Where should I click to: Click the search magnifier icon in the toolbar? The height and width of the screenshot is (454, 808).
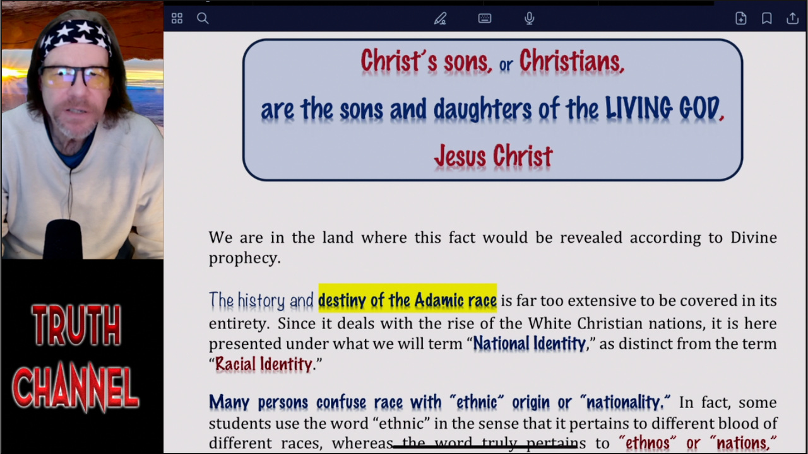pyautogui.click(x=203, y=18)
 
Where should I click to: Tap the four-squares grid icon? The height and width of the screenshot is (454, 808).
pyautogui.click(x=177, y=18)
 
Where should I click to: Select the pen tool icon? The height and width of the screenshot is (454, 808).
pyautogui.click(x=440, y=18)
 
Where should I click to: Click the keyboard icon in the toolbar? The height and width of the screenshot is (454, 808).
pyautogui.click(x=484, y=18)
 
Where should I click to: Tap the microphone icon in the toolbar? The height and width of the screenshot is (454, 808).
pyautogui.click(x=529, y=18)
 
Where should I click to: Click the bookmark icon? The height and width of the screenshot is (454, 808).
pyautogui.click(x=767, y=18)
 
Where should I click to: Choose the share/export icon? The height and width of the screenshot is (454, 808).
pyautogui.click(x=792, y=18)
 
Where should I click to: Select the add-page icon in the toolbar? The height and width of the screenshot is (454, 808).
pyautogui.click(x=741, y=18)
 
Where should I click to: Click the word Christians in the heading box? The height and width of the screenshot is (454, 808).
pyautogui.click(x=572, y=61)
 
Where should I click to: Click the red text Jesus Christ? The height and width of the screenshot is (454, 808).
pyautogui.click(x=493, y=156)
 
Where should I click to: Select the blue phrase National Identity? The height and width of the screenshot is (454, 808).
pyautogui.click(x=529, y=344)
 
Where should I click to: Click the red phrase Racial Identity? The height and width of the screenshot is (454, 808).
pyautogui.click(x=264, y=364)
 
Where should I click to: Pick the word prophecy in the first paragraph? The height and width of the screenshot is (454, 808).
pyautogui.click(x=244, y=259)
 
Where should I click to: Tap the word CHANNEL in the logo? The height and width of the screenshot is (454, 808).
pyautogui.click(x=76, y=387)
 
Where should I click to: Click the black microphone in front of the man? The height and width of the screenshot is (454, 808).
pyautogui.click(x=63, y=240)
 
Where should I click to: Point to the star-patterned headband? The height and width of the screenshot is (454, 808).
pyautogui.click(x=76, y=37)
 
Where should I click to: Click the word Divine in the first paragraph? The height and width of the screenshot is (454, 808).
pyautogui.click(x=754, y=238)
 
